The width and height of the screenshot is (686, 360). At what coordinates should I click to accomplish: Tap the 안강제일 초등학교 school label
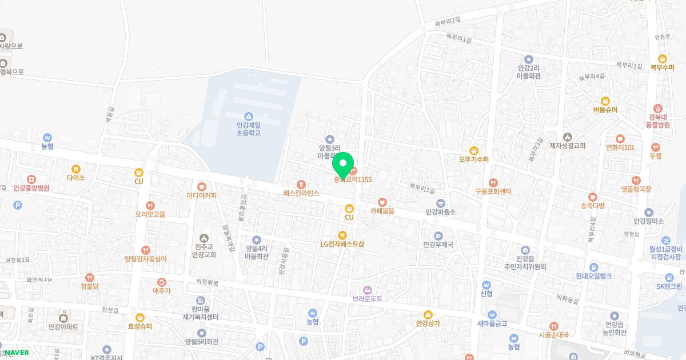point(248,129)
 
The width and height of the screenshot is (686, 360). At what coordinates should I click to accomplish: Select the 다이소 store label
point(75,178)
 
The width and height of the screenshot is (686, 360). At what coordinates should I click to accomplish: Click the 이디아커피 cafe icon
point(201,186)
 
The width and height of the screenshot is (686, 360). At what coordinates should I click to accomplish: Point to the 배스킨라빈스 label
point(301,193)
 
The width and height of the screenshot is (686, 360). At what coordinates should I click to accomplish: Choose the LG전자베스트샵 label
point(342,244)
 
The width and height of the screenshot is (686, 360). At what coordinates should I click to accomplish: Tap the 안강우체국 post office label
point(438,245)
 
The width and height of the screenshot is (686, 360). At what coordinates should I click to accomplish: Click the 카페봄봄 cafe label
point(382,210)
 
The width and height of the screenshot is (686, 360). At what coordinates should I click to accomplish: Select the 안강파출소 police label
point(440,211)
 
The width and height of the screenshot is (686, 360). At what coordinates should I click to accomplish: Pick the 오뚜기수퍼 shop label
point(474,159)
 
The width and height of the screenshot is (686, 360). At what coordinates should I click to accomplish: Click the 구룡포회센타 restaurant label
point(493,191)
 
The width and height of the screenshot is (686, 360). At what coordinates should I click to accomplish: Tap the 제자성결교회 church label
point(567,146)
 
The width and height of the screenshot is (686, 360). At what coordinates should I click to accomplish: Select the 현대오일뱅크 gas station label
point(594,275)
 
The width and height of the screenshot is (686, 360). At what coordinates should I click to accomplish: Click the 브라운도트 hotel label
point(368,298)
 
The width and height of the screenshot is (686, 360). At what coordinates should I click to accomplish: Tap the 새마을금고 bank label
point(492,323)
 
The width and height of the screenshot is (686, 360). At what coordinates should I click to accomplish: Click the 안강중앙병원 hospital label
point(31,187)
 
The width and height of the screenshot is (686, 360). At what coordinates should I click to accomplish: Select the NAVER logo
point(15,353)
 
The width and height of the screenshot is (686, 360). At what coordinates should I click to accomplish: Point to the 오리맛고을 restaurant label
point(150,214)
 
